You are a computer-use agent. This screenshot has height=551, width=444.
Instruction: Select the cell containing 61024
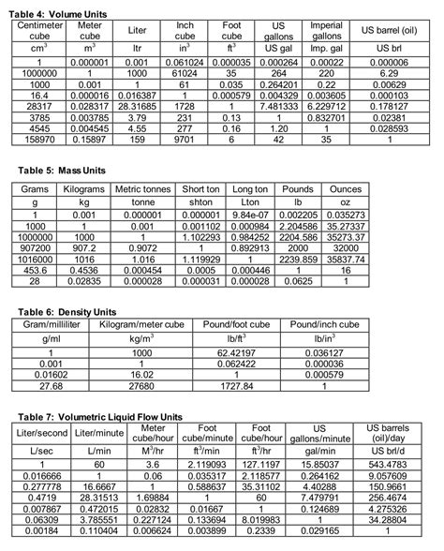click(185, 71)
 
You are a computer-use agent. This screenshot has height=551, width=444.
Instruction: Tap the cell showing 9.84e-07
click(251, 215)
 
